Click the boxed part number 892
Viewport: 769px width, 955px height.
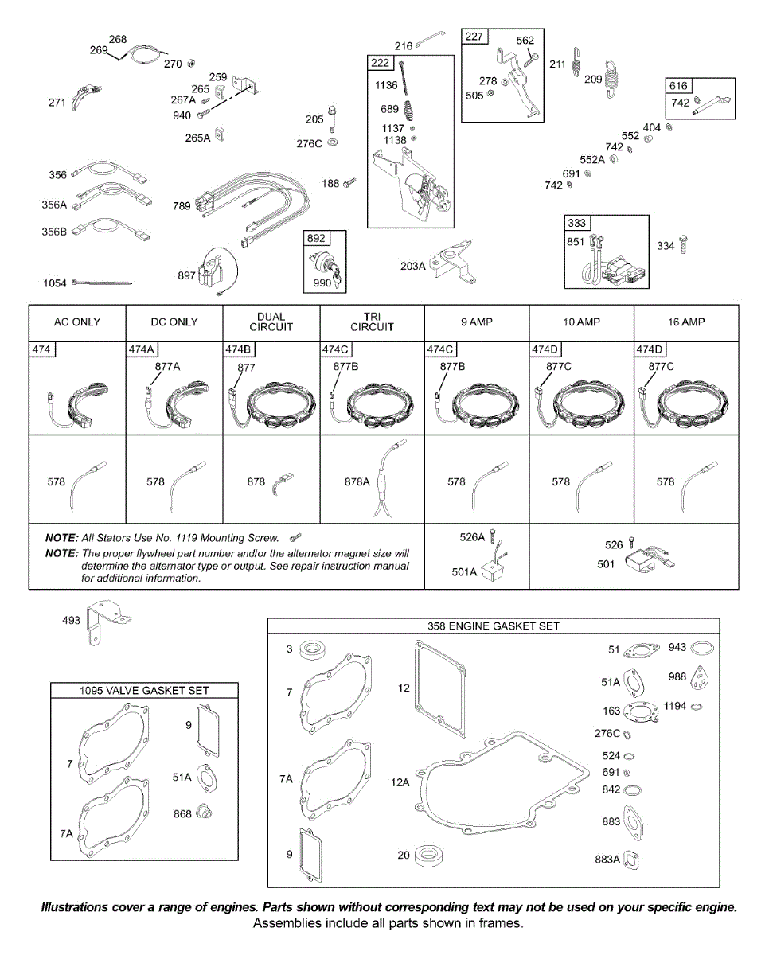tap(317, 239)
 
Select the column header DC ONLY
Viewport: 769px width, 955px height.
tap(174, 322)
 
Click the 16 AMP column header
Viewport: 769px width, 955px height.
tap(686, 322)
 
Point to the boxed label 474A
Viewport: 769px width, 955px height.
tap(142, 349)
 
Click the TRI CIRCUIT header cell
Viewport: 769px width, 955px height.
tap(372, 322)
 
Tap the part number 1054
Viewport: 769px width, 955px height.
tap(55, 283)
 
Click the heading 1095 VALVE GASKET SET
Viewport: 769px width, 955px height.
tap(144, 691)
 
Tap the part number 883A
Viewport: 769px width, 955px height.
tap(607, 859)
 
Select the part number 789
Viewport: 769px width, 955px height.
tap(182, 206)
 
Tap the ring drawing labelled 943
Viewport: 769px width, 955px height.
tap(704, 649)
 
